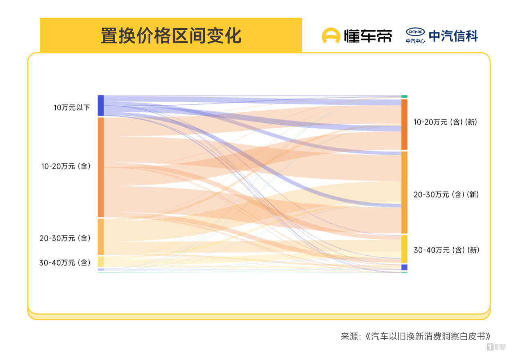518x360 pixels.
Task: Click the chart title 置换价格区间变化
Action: click(171, 36)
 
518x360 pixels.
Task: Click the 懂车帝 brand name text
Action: click(368, 36)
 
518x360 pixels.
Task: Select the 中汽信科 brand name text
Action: click(453, 36)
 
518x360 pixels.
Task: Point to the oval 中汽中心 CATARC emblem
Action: click(415, 32)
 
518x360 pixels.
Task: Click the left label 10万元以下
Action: click(72, 108)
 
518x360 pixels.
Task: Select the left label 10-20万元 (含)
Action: click(66, 166)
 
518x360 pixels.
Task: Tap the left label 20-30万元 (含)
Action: click(65, 238)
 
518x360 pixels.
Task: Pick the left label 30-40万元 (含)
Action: click(65, 263)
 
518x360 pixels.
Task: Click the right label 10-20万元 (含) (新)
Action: click(445, 122)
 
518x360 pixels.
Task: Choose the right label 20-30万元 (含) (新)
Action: click(446, 195)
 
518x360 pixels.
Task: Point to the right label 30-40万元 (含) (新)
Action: click(446, 250)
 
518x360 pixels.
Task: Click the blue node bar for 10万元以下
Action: click(101, 105)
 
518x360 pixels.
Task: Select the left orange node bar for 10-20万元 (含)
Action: click(101, 167)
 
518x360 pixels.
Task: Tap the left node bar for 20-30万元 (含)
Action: click(101, 236)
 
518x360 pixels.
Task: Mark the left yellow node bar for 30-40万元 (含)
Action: click(101, 262)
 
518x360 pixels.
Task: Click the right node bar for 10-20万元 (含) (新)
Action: click(404, 124)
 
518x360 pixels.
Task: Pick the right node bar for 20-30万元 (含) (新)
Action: click(404, 192)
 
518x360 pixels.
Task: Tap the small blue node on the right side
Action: click(404, 267)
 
